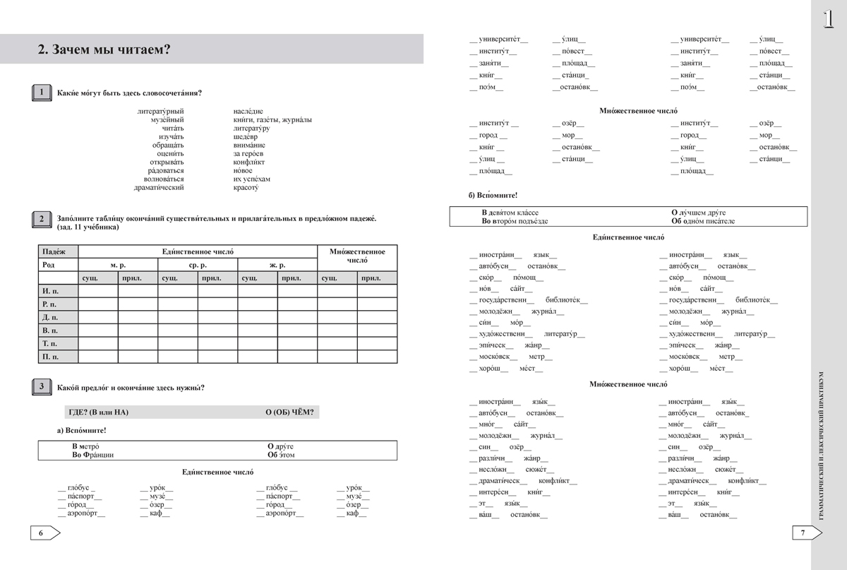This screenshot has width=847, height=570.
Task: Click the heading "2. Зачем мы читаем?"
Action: pyautogui.click(x=103, y=49)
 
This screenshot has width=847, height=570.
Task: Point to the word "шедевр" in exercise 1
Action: pyautogui.click(x=245, y=136)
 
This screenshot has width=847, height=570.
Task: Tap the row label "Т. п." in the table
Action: pyautogui.click(x=51, y=343)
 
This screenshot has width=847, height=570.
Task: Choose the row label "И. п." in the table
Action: pyautogui.click(x=51, y=290)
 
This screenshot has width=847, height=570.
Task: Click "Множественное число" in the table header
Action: pyautogui.click(x=358, y=255)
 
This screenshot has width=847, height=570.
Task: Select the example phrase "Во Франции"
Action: pyautogui.click(x=92, y=455)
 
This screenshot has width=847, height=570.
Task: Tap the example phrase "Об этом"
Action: pyautogui.click(x=281, y=455)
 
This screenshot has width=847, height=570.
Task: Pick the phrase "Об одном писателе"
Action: pyautogui.click(x=703, y=221)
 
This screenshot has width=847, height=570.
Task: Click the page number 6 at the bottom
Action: pyautogui.click(x=41, y=533)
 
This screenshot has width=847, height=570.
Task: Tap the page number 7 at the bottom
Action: pyautogui.click(x=803, y=533)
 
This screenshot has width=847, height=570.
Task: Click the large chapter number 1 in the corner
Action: pyautogui.click(x=829, y=19)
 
